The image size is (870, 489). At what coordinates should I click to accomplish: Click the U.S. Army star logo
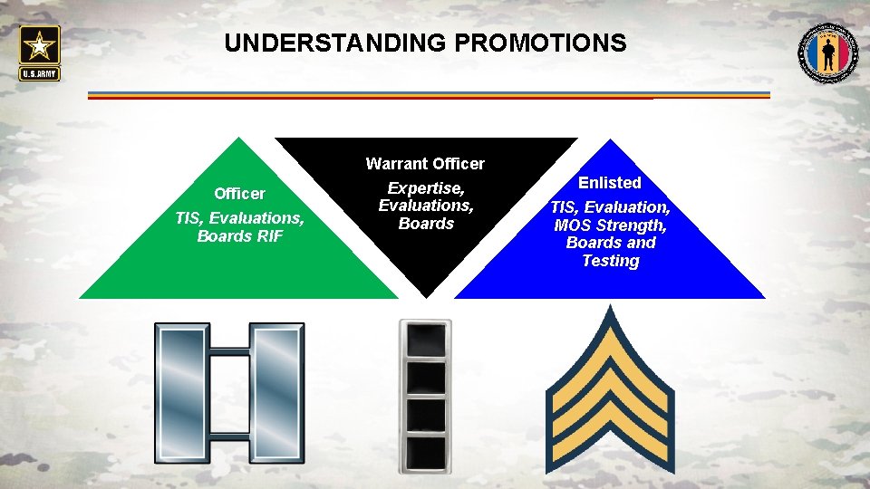pyautogui.click(x=39, y=51)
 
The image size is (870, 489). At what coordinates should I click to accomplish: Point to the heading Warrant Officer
pyautogui.click(x=425, y=164)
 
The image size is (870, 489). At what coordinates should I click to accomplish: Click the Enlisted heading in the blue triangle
pyautogui.click(x=610, y=183)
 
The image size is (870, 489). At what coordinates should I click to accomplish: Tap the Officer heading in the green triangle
pyautogui.click(x=239, y=193)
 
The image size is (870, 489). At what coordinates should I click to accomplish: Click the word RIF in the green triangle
pyautogui.click(x=269, y=236)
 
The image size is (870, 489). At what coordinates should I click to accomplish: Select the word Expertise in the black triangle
pyautogui.click(x=426, y=188)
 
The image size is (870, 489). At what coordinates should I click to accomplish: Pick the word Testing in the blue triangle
pyautogui.click(x=610, y=261)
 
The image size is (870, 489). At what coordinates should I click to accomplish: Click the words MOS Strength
pyautogui.click(x=610, y=225)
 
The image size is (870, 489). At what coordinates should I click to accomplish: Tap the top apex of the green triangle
pyautogui.click(x=238, y=139)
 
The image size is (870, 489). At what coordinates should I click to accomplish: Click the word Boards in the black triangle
pyautogui.click(x=426, y=223)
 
